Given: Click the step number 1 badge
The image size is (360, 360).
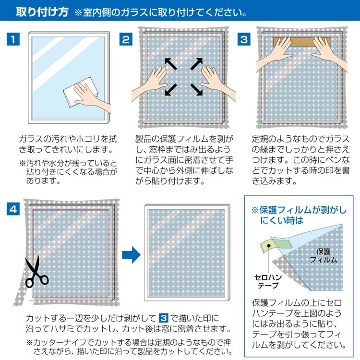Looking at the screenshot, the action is [13, 39].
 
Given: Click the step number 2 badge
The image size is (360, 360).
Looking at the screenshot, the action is [126, 39].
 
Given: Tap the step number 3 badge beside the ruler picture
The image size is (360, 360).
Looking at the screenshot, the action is [244, 39].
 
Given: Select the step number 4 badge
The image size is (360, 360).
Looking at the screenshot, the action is [13, 209].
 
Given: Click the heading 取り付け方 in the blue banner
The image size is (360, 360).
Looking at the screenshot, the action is [42, 12].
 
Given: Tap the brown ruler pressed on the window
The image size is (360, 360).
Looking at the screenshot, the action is [302, 42].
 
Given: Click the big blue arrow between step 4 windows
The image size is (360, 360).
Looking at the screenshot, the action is [131, 254].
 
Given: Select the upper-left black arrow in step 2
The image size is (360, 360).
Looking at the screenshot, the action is [170, 64].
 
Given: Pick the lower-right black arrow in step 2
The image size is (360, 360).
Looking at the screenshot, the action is [196, 90].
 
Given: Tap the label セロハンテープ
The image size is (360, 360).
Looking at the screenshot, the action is [268, 281].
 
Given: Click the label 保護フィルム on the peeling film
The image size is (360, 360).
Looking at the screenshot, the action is [324, 255].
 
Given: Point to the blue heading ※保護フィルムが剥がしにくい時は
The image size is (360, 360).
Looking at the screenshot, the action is [299, 215].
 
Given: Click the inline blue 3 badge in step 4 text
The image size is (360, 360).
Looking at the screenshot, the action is [164, 318].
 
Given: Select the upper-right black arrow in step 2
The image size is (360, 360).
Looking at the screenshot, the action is [196, 64].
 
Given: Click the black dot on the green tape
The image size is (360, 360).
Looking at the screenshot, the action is [269, 246].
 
